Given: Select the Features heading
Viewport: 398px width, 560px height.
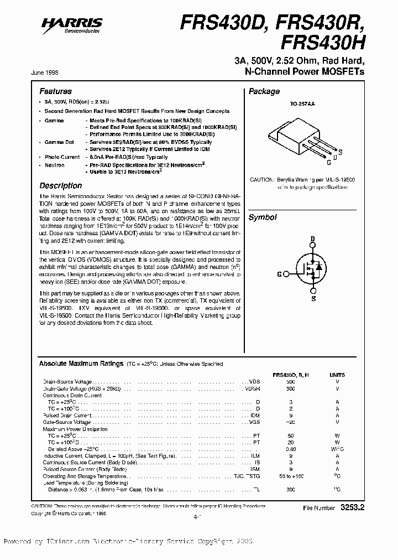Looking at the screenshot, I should pos(55,91).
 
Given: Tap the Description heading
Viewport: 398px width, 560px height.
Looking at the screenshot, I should pos(60,186).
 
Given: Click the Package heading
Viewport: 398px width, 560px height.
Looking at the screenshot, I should pos(264,92).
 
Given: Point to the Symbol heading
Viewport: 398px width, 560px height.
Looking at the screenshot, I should pos(262,218).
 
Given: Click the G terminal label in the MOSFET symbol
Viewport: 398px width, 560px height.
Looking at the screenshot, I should pos(279,274).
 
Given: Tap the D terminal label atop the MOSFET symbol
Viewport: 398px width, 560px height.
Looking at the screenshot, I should pos(312,239).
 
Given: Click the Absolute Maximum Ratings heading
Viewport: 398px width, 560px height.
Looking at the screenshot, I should pos(81,364).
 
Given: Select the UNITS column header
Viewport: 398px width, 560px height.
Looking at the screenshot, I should pos(337,375).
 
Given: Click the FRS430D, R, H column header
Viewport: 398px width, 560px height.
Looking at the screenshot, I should pos(291,375).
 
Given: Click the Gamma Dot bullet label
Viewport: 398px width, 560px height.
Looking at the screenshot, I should pos(59,142).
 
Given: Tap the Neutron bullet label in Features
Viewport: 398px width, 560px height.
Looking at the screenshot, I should pos(54,165).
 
